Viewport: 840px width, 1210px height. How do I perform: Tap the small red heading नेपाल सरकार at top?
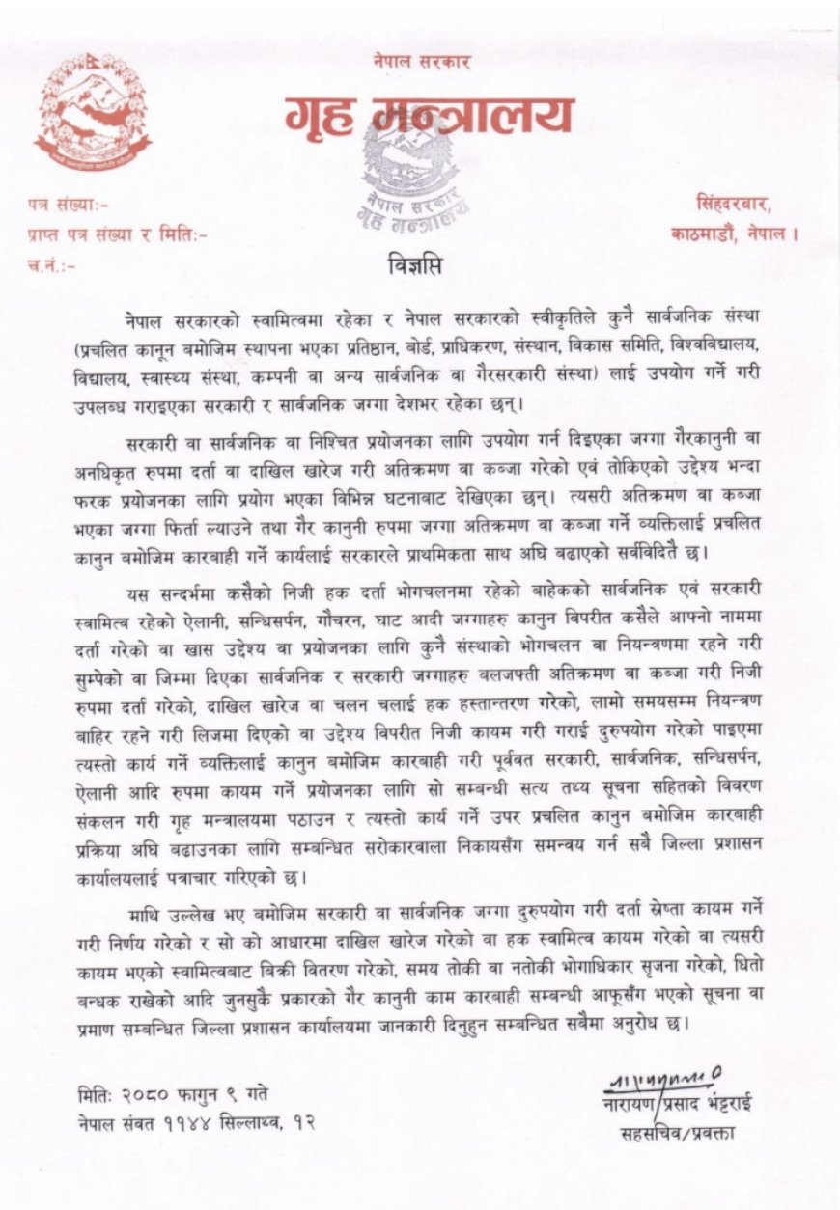[x=422, y=61]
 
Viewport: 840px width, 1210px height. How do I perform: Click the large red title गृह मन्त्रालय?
[x=429, y=115]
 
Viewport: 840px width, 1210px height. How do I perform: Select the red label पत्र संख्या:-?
[x=69, y=205]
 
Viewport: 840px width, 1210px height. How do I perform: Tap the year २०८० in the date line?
[x=147, y=1093]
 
